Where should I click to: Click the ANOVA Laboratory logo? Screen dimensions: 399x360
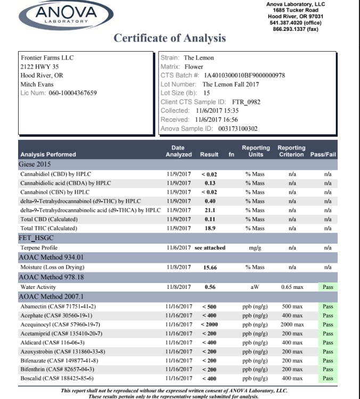(x=67, y=15)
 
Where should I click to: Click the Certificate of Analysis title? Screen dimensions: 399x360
(x=169, y=38)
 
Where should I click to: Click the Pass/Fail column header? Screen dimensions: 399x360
(x=323, y=155)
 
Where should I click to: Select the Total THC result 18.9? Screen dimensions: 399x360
(x=209, y=228)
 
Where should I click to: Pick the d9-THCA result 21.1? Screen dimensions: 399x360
(x=209, y=210)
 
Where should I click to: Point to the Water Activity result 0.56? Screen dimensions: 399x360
(x=209, y=287)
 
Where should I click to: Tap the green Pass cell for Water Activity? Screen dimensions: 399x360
(x=328, y=287)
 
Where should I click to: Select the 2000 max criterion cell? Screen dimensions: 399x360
(x=292, y=325)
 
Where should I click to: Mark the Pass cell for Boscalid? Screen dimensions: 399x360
(x=328, y=379)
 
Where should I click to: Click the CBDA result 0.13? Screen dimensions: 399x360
(x=209, y=183)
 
